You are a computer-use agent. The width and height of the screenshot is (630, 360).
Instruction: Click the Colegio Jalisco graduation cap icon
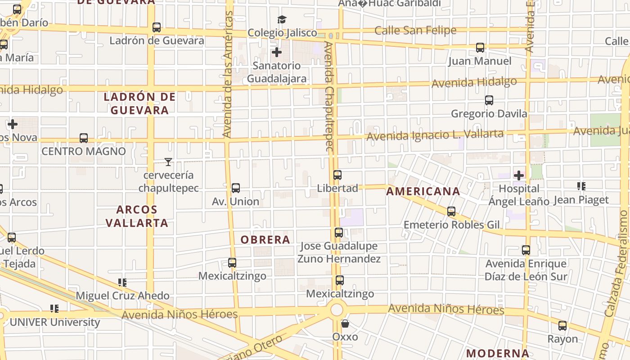[x=282, y=19]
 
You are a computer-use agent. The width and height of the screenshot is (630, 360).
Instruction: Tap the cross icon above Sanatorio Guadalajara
[x=277, y=52]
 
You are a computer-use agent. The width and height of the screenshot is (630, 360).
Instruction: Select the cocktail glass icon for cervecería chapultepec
[x=168, y=162]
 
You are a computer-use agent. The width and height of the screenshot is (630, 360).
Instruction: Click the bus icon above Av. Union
[x=235, y=188]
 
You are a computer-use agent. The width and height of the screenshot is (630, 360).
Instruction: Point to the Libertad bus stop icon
[x=337, y=175]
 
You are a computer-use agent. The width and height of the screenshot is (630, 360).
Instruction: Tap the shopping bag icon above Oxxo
[x=345, y=324]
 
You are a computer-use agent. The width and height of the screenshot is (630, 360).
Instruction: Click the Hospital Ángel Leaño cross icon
[x=519, y=175]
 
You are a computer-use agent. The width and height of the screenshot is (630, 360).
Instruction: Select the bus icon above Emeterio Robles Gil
[x=451, y=211]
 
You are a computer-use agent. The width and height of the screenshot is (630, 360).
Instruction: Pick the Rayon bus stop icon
[x=562, y=326]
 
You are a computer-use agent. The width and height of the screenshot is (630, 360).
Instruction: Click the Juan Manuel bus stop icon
[x=480, y=47]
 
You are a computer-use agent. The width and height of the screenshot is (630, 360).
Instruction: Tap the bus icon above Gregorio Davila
[x=489, y=100]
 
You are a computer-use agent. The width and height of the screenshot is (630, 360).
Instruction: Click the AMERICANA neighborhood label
[x=423, y=191]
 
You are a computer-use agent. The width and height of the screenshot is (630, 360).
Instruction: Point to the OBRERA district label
[x=265, y=239]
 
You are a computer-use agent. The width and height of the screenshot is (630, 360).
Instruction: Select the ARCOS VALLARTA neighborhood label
[x=137, y=216]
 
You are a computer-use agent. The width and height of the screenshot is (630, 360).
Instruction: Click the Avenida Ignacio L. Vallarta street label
[x=435, y=135]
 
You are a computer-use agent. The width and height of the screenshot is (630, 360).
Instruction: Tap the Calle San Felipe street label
[x=415, y=31]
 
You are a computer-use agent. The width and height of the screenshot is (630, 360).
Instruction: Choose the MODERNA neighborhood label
[x=497, y=353]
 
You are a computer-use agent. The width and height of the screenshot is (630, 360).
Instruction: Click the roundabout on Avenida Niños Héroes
[x=336, y=310]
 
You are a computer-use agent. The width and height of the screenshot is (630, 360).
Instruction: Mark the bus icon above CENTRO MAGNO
[x=84, y=138]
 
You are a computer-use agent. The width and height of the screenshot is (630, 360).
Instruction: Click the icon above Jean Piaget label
[x=581, y=186]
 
